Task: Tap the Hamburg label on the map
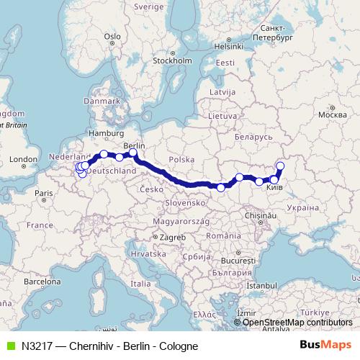(x=102, y=133)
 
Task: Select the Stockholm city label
(x=171, y=60)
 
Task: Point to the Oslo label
(x=112, y=36)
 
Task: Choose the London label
(x=23, y=160)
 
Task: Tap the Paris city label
(x=44, y=193)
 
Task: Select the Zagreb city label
(x=173, y=238)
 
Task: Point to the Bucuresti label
(x=239, y=259)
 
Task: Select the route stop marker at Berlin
(x=133, y=153)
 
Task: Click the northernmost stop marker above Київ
(x=280, y=166)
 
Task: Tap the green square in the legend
(x=9, y=346)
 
